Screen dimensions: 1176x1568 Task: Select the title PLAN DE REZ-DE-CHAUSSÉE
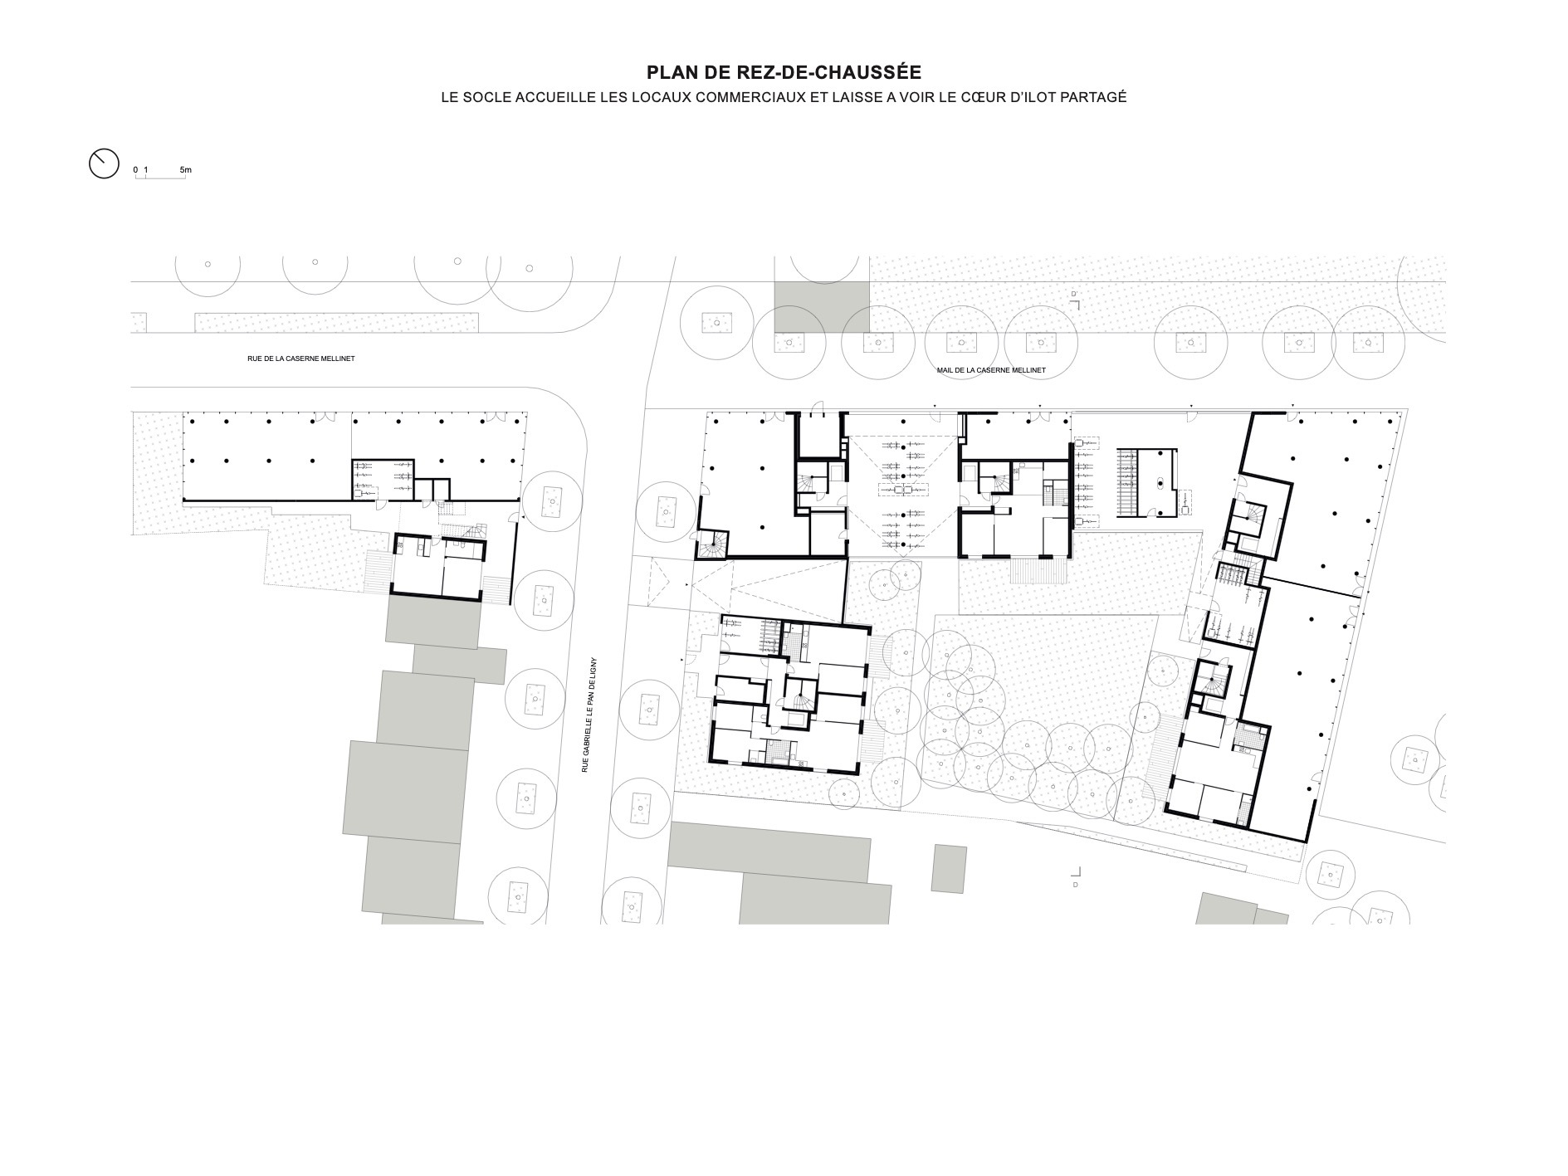(784, 73)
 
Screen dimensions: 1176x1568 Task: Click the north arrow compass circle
(104, 163)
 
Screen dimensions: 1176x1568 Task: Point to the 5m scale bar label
(185, 170)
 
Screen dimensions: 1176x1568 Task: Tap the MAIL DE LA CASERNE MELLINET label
(991, 370)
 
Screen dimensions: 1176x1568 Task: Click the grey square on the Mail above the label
(822, 306)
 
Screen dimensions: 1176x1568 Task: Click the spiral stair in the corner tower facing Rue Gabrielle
(711, 544)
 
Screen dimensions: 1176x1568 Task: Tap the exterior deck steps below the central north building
(1036, 572)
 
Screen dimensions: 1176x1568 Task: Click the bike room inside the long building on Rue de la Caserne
(383, 479)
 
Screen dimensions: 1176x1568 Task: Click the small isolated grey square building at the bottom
(949, 868)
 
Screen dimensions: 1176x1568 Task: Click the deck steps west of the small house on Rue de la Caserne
(377, 572)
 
